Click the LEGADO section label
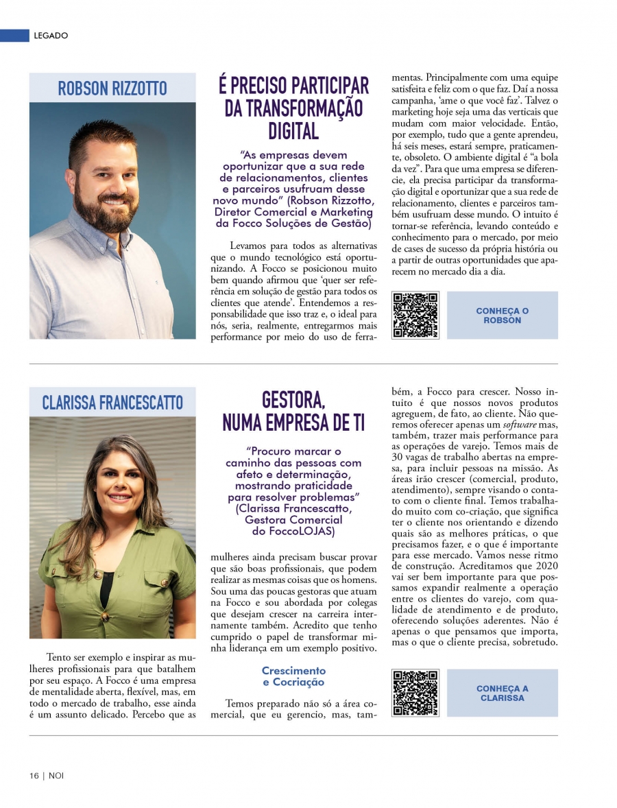[x=51, y=36]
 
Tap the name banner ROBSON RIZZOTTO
[x=112, y=88]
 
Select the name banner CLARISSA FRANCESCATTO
[x=112, y=402]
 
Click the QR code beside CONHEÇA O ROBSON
[x=415, y=316]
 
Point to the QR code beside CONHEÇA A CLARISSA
[x=415, y=693]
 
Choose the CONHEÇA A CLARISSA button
[x=502, y=693]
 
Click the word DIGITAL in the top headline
[x=293, y=130]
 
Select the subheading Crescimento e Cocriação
[x=293, y=676]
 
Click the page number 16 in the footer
[x=34, y=776]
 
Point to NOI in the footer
[x=56, y=776]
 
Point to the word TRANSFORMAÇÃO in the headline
[x=293, y=108]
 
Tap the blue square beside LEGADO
[x=14, y=36]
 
